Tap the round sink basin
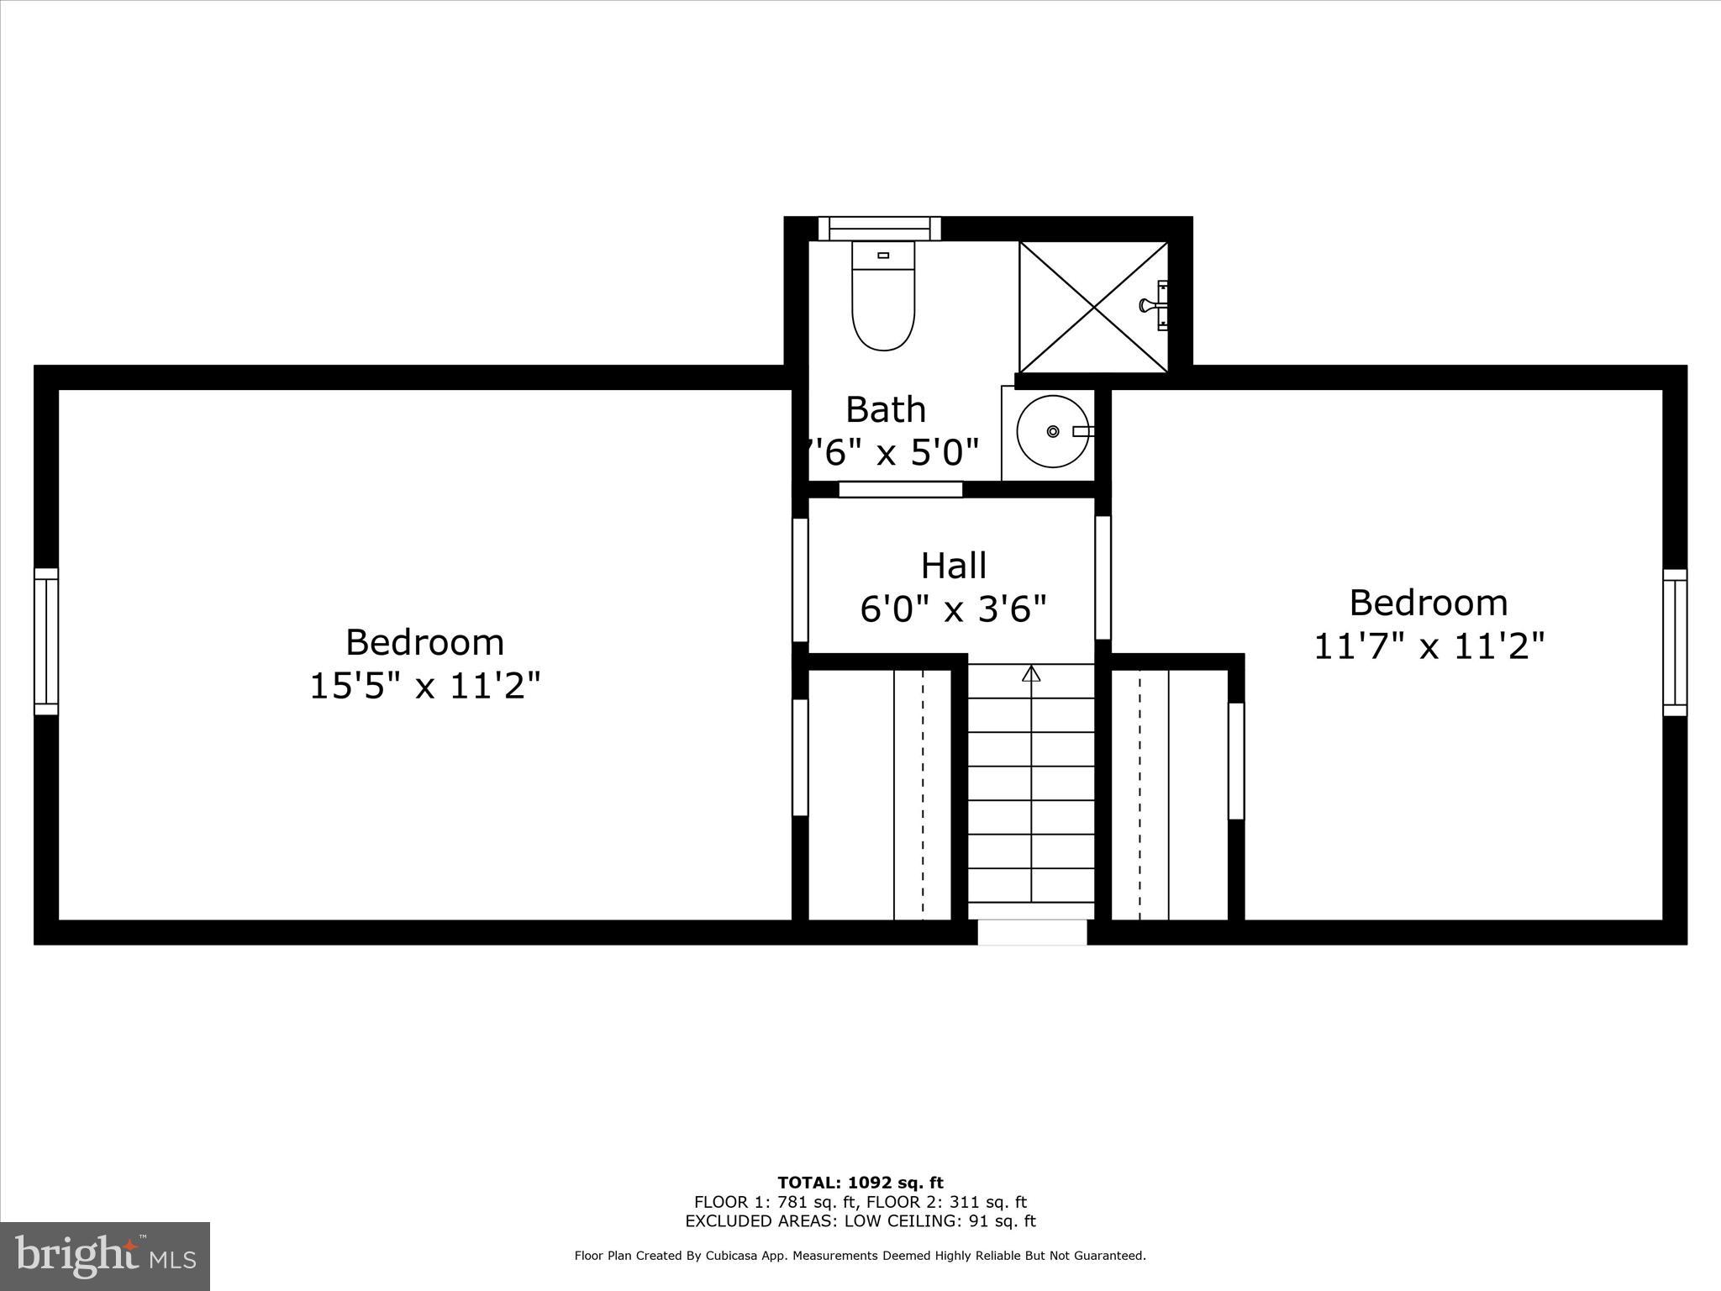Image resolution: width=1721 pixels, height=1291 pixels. tap(1052, 431)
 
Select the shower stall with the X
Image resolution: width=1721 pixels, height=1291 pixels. tap(1092, 307)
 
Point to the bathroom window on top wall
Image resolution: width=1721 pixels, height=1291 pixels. tap(879, 229)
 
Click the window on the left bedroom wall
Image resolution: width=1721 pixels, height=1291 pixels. tap(46, 641)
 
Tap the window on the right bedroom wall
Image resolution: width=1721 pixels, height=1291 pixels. tap(1674, 643)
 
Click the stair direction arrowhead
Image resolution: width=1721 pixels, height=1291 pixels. tap(1031, 673)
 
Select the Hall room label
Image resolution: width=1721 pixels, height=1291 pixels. tap(953, 566)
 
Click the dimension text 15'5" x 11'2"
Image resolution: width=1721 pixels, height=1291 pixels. tap(424, 686)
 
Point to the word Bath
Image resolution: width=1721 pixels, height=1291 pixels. tap(886, 409)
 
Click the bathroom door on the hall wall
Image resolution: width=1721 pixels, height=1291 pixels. tap(900, 489)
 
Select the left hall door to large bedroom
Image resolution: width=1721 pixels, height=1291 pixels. tap(800, 580)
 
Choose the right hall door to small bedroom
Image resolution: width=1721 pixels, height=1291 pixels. tap(1103, 577)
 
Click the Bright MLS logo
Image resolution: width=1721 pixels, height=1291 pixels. tap(105, 1256)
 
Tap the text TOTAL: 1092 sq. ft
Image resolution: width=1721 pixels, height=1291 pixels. tap(860, 1183)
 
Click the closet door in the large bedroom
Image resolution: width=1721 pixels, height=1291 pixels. tap(800, 757)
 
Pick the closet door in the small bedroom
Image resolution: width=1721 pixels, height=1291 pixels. tap(1235, 761)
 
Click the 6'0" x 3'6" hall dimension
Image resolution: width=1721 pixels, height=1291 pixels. tap(953, 609)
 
